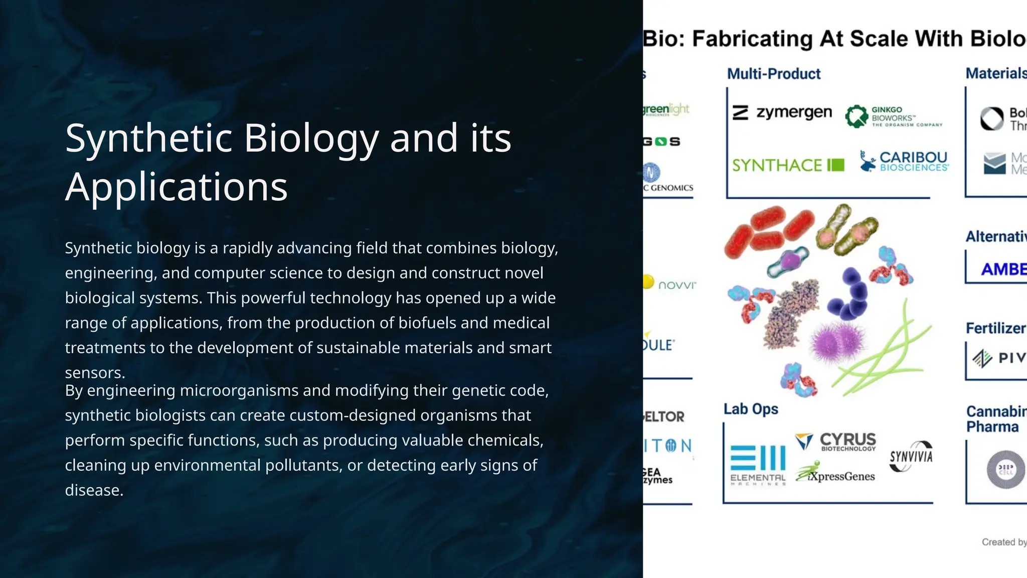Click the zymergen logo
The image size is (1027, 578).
click(x=782, y=112)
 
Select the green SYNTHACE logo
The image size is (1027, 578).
click(x=788, y=165)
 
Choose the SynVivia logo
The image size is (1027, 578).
click(x=911, y=457)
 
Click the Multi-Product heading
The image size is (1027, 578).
click(x=774, y=74)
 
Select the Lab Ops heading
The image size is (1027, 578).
click(x=751, y=409)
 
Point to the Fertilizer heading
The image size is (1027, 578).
click(x=995, y=328)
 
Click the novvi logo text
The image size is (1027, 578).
click(x=676, y=285)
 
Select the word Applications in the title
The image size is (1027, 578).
click(x=177, y=187)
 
